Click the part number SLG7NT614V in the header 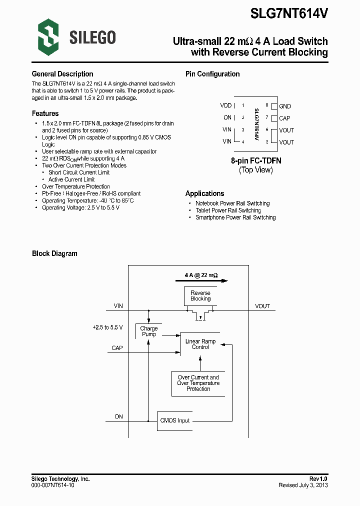(x=289, y=14)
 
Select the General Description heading (x=62, y=74)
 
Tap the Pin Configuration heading (x=212, y=74)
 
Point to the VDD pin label (x=225, y=105)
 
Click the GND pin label (x=285, y=106)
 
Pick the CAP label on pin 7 (x=284, y=118)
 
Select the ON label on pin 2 (x=227, y=117)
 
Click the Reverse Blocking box (x=200, y=296)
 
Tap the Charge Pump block (x=149, y=331)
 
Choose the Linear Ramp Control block (x=200, y=344)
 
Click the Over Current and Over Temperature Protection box (x=198, y=383)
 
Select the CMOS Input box (x=175, y=420)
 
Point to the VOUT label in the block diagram (x=262, y=306)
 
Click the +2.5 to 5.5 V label (x=107, y=327)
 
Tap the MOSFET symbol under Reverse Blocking (x=200, y=315)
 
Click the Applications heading (x=204, y=193)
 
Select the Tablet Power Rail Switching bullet (x=228, y=210)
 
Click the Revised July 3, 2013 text (x=303, y=485)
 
